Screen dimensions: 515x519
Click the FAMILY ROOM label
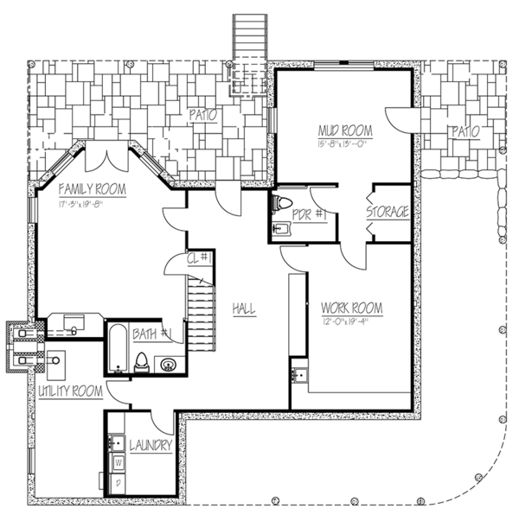pos(92,188)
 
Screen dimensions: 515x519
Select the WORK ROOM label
pos(351,308)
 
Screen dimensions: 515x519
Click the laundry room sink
pos(117,443)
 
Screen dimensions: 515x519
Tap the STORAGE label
pos(387,212)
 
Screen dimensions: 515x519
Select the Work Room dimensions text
pos(351,321)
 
